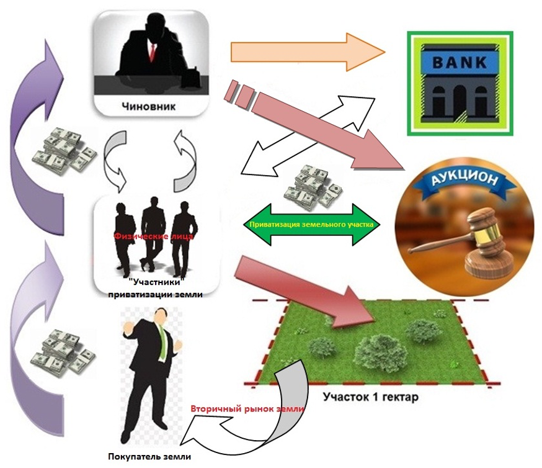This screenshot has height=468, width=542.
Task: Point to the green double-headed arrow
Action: [x=310, y=225]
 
